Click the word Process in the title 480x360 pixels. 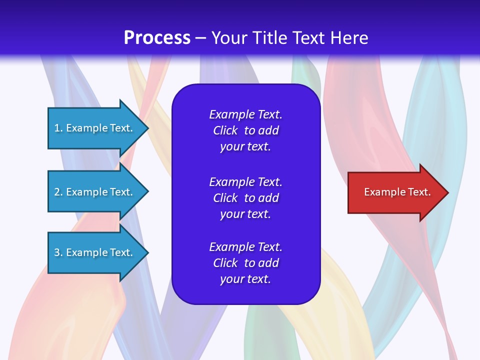point(157,38)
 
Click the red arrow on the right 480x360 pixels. point(395,192)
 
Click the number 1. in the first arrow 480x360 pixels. point(58,128)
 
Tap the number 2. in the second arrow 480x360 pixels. point(58,192)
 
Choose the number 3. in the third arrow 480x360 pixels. point(58,252)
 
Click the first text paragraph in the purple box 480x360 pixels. point(245,130)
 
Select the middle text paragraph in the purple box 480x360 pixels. point(245,198)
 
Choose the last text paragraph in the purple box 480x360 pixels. point(245,263)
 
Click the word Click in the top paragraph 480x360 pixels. point(225,130)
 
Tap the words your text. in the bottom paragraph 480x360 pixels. point(245,279)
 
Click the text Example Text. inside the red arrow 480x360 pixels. point(397,192)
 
